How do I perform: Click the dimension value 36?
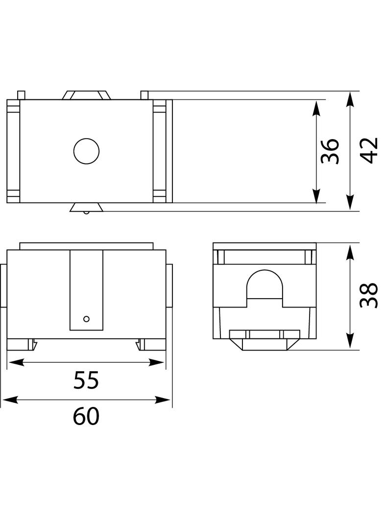pos(330,151)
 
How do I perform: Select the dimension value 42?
pos(369,150)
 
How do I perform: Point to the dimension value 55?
pos(86,380)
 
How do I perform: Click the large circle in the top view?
pos(86,151)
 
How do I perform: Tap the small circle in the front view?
pos(86,319)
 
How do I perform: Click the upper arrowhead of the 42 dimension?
pos(349,99)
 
